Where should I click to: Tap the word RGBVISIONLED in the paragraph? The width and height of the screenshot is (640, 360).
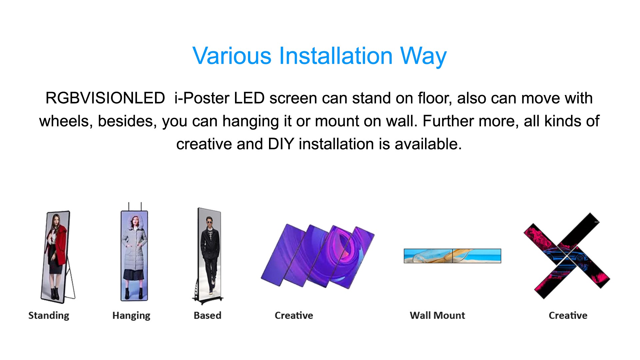pyautogui.click(x=105, y=98)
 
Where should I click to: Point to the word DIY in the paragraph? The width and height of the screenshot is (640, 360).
pyautogui.click(x=281, y=144)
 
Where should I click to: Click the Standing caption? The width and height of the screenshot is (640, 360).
pyautogui.click(x=49, y=316)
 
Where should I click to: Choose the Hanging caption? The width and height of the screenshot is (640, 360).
pyautogui.click(x=131, y=316)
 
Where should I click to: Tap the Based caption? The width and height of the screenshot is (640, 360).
pyautogui.click(x=207, y=315)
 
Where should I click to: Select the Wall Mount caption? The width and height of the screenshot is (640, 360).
pyautogui.click(x=437, y=315)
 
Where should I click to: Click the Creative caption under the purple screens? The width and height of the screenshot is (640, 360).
pyautogui.click(x=294, y=315)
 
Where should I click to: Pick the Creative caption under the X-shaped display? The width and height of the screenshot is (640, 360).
pyautogui.click(x=568, y=315)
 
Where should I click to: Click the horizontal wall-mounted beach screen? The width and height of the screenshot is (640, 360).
pyautogui.click(x=452, y=256)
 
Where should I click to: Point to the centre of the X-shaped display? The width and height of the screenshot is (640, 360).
pyautogui.click(x=567, y=256)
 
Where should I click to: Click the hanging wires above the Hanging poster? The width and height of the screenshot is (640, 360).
pyautogui.click(x=135, y=206)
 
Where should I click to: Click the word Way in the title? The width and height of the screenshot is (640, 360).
pyautogui.click(x=423, y=56)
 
